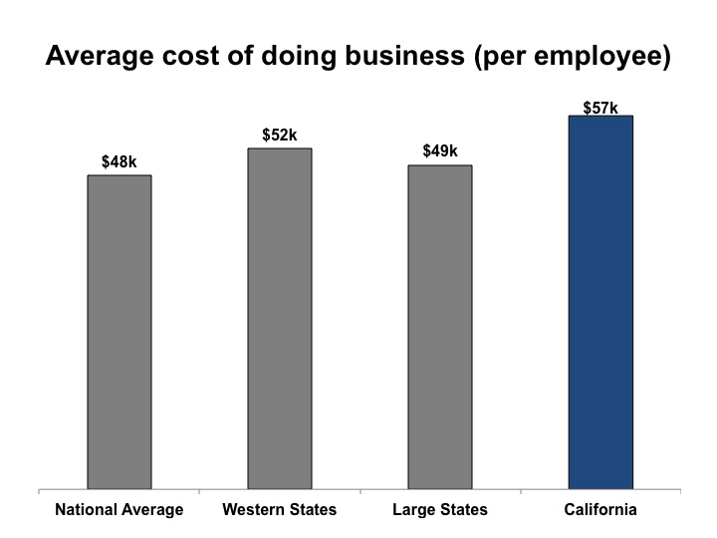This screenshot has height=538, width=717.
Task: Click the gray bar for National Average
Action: coord(119,332)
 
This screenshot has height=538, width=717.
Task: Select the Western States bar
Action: coord(280,319)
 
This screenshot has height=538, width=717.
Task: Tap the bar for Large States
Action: coord(440,327)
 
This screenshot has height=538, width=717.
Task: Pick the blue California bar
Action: coord(600,302)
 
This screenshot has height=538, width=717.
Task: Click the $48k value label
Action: coord(119,160)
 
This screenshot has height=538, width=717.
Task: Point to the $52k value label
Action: coord(280,134)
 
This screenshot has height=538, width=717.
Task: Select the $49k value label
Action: coord(440,151)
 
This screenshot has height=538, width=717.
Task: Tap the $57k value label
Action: coord(600,107)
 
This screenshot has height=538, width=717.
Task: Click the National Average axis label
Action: coord(119,510)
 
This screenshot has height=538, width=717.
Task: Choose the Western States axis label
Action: coord(280,510)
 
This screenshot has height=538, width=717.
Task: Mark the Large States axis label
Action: coord(440,510)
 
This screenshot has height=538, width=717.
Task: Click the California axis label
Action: coord(600,510)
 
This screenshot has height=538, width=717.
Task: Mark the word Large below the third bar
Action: coord(416,510)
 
